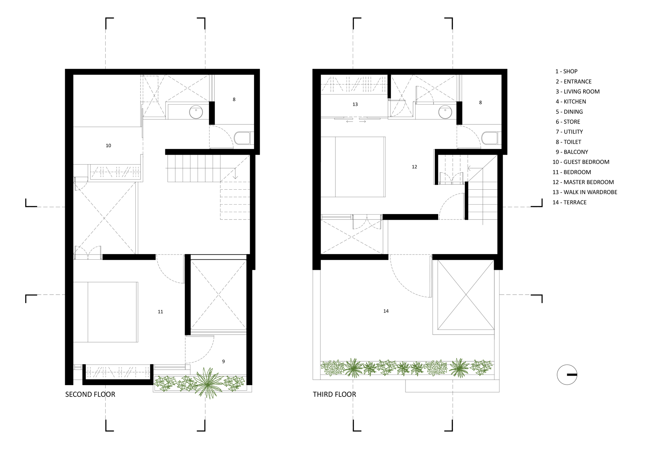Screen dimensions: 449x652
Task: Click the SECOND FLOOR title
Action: (x=90, y=394)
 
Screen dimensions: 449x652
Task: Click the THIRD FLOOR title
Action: (x=334, y=394)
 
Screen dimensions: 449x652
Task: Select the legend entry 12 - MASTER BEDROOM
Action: (x=583, y=182)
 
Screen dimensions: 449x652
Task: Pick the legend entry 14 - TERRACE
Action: (x=569, y=202)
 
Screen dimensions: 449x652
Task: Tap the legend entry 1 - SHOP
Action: (x=566, y=71)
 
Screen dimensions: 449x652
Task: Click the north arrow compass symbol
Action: (x=567, y=375)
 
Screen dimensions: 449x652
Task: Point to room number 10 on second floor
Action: (x=108, y=146)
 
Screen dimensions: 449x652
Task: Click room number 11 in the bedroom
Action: (x=160, y=312)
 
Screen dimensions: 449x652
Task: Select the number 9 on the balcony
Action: (x=223, y=361)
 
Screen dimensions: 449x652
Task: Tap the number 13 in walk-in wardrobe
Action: (x=355, y=104)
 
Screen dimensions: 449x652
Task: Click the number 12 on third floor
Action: (x=414, y=167)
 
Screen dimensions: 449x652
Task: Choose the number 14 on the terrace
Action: (x=386, y=311)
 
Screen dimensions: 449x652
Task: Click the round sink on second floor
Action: (x=196, y=112)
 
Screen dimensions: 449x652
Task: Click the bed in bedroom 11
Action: (x=105, y=312)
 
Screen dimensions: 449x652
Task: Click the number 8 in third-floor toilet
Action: (x=480, y=103)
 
